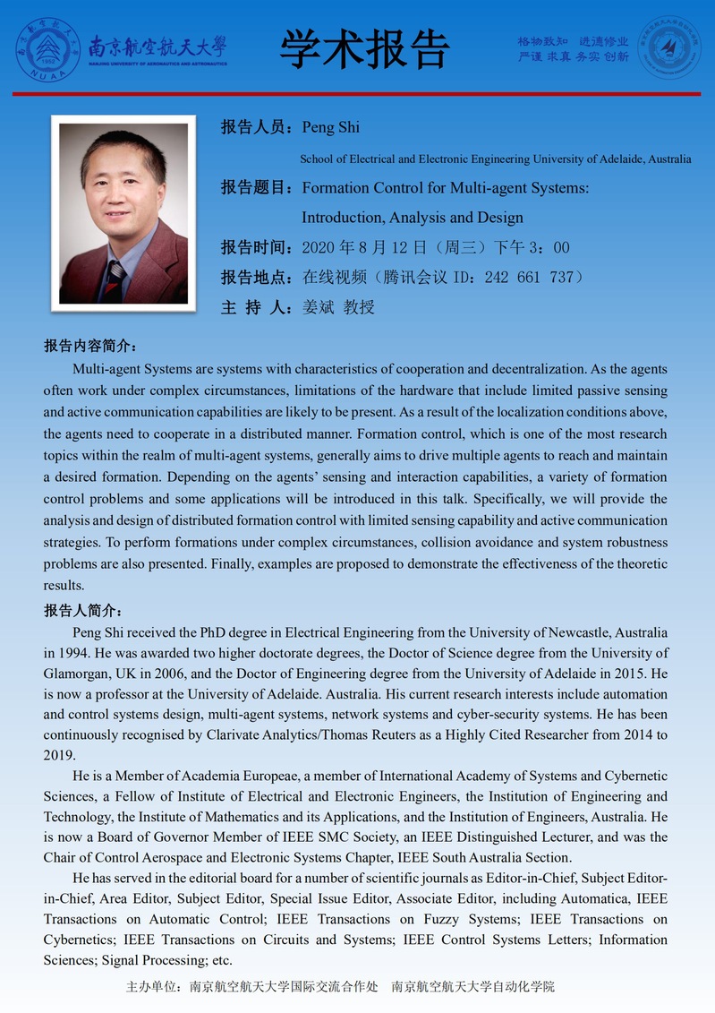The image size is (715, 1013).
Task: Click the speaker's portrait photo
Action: [123, 212]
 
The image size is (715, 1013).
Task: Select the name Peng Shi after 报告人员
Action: [331, 127]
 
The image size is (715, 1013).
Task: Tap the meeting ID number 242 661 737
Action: [528, 277]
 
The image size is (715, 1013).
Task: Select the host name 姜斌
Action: [318, 307]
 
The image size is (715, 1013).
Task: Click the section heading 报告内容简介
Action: [89, 346]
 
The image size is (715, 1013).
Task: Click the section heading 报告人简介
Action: [82, 611]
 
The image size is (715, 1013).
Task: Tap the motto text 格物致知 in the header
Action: [542, 41]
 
